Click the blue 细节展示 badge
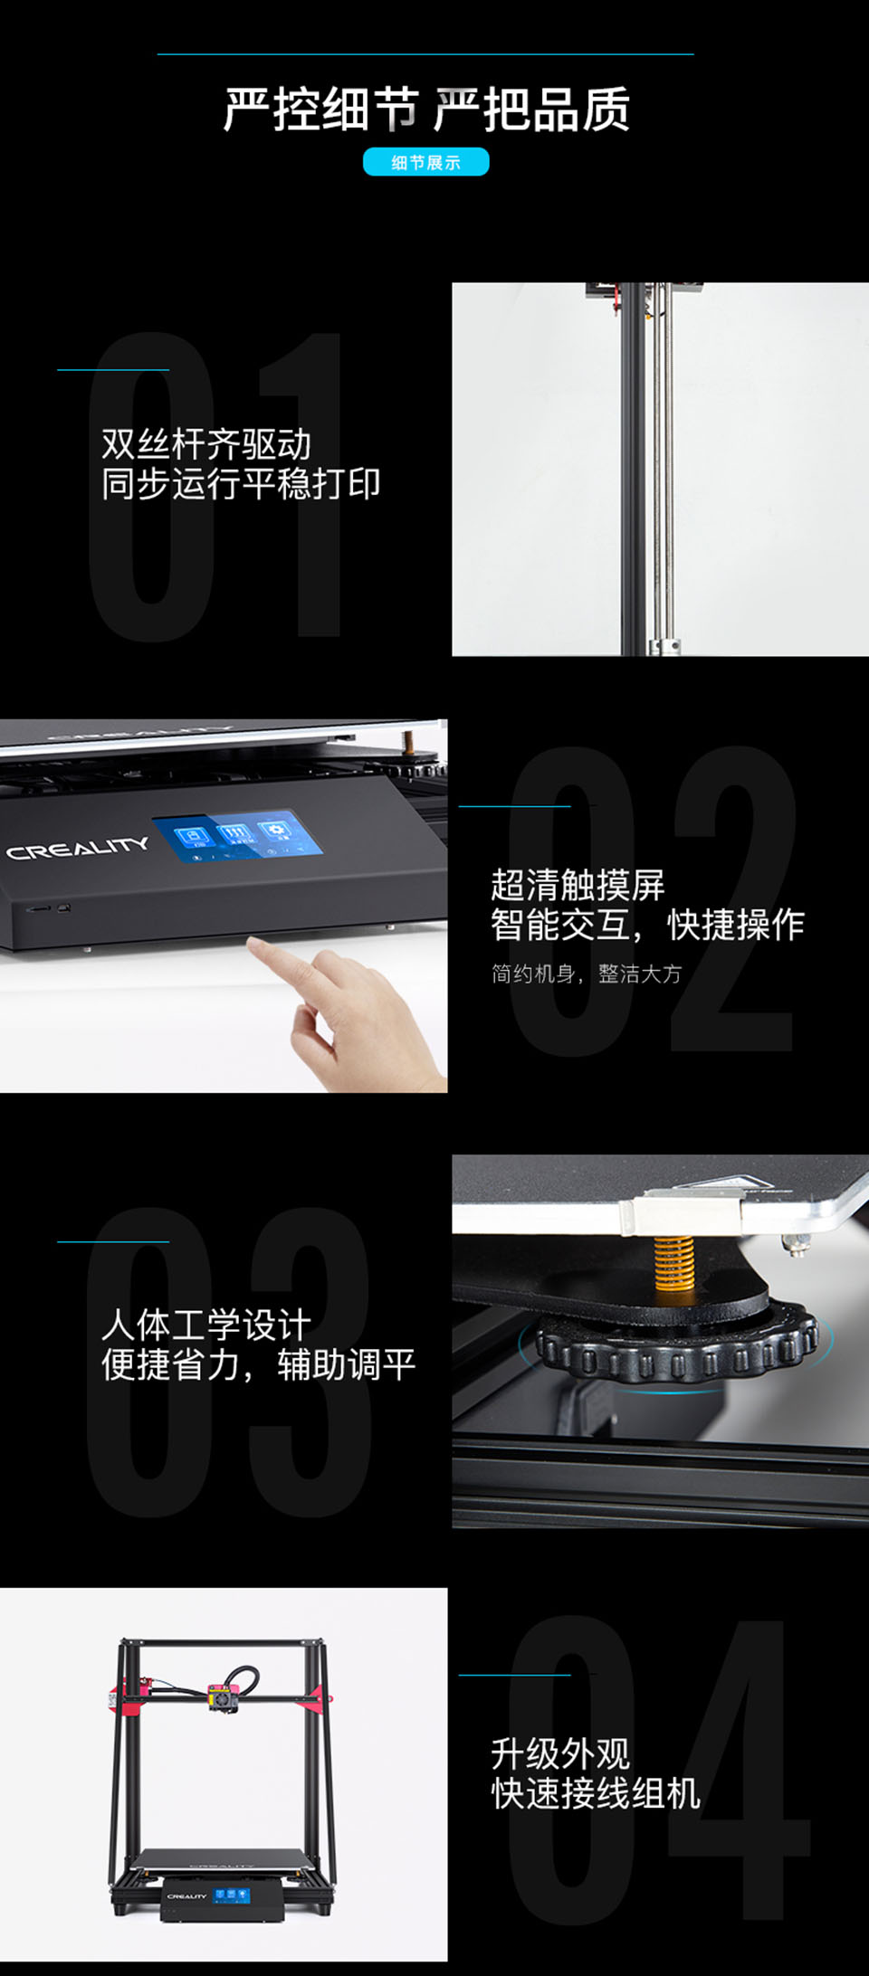click(426, 162)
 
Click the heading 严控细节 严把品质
click(426, 109)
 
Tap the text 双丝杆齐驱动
click(206, 444)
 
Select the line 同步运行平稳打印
click(241, 484)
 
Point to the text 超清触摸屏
click(578, 885)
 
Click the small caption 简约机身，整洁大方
click(587, 974)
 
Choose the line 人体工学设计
click(206, 1325)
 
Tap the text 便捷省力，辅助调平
click(258, 1364)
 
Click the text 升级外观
click(560, 1753)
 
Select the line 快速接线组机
click(596, 1793)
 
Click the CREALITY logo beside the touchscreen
click(78, 848)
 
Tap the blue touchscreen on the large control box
click(237, 838)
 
